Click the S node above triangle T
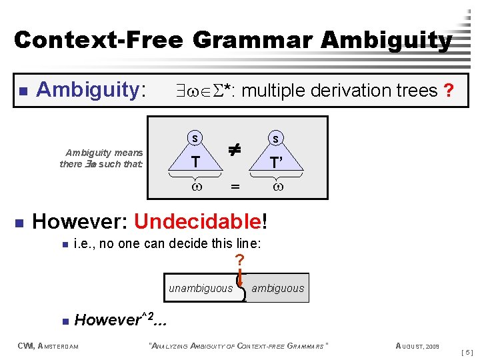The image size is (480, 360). (x=195, y=138)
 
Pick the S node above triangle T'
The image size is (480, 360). (x=275, y=138)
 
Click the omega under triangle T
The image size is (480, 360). (x=195, y=187)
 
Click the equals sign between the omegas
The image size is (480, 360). (x=235, y=189)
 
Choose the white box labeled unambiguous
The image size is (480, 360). (x=201, y=288)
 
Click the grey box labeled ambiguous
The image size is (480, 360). (x=277, y=288)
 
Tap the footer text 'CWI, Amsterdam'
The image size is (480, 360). (x=47, y=345)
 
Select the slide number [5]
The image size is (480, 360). (x=467, y=351)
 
